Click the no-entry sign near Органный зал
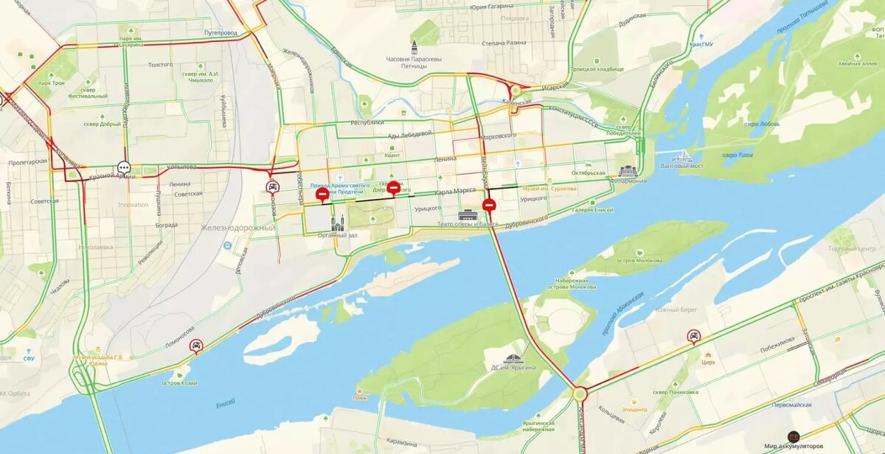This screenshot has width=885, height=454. point(322,194)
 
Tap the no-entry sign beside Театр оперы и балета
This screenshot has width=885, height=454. point(489,205)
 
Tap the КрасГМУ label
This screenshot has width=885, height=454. point(701,44)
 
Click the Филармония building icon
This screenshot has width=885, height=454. point(628,171)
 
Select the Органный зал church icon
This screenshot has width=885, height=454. point(338,223)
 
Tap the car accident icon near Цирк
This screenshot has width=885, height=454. point(693,337)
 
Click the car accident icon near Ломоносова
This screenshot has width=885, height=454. point(196,346)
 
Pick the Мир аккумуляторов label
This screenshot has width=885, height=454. point(793,446)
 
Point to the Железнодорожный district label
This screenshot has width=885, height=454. point(238,228)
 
